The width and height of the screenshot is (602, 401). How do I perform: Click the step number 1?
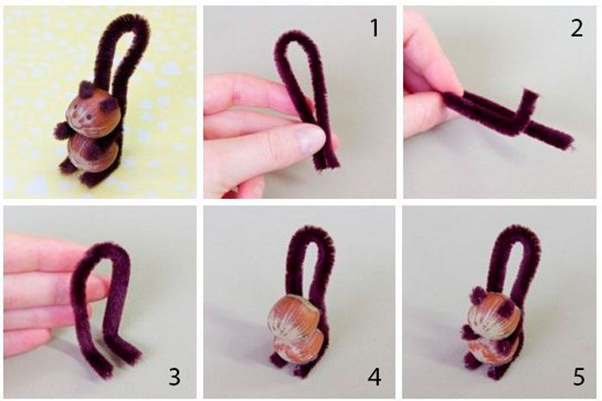[374, 28]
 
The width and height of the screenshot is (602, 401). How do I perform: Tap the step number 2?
[577, 28]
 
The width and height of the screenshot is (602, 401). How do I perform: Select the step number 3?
[175, 376]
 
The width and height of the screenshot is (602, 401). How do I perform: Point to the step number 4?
[374, 376]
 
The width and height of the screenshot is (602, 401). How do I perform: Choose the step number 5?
[579, 376]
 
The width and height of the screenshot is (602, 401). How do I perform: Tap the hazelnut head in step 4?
[294, 314]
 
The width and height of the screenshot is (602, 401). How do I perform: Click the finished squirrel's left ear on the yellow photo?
[86, 89]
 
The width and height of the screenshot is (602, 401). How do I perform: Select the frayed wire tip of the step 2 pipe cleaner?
[572, 146]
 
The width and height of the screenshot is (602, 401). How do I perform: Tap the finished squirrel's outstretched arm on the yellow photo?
[61, 131]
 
